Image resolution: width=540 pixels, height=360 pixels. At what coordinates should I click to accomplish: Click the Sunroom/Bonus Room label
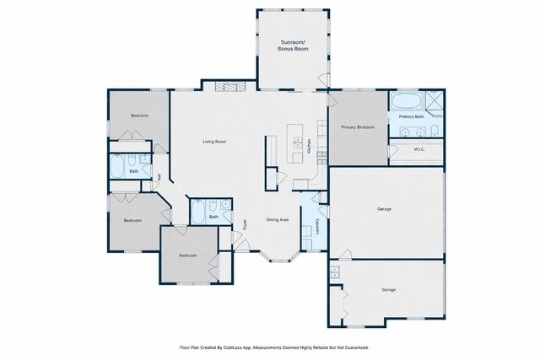(294, 46)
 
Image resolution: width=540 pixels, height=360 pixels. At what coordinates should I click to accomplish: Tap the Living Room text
(213, 142)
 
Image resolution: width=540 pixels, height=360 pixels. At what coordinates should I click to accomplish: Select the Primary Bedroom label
(358, 127)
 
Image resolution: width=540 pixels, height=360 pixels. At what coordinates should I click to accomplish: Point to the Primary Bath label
(412, 116)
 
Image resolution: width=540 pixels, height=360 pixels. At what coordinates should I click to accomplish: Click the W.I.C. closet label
(418, 150)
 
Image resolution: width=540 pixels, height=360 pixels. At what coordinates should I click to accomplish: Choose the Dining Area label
(278, 219)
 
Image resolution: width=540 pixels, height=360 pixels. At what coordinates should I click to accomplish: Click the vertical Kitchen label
(310, 144)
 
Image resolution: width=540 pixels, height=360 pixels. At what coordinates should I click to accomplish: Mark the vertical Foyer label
(246, 225)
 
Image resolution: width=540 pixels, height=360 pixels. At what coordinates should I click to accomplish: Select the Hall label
(159, 177)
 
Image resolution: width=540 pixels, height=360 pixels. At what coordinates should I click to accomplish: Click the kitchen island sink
(297, 142)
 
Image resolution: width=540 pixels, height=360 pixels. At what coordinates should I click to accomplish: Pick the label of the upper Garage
(384, 208)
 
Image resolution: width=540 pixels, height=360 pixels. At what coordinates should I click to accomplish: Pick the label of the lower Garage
(389, 289)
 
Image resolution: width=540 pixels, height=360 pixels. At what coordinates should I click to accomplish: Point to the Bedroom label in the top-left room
(140, 116)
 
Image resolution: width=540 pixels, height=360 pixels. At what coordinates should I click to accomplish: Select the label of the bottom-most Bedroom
(187, 255)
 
